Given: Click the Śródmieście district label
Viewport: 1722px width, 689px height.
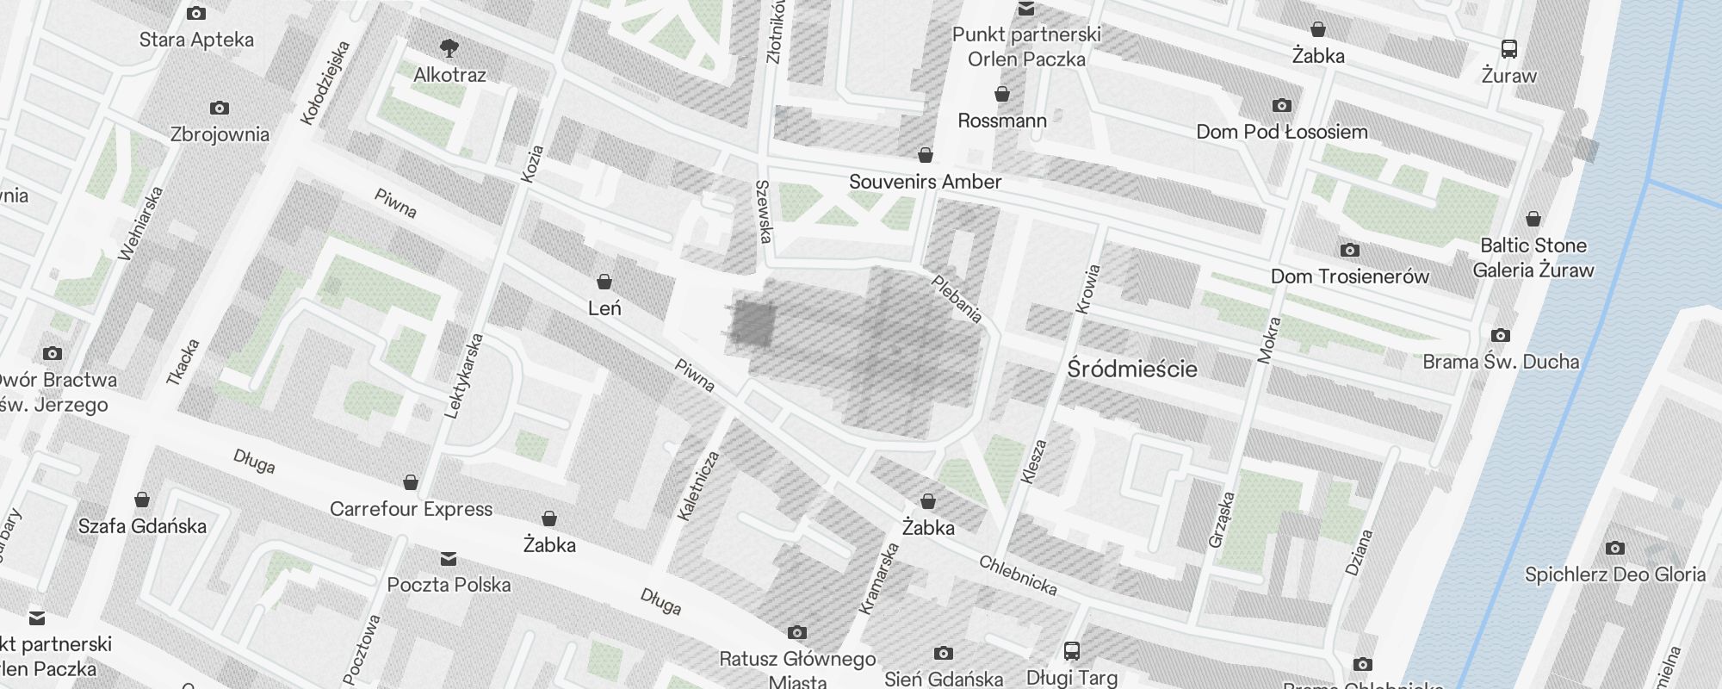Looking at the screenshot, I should point(1132,369).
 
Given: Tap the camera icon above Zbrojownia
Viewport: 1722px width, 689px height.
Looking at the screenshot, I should point(220,108).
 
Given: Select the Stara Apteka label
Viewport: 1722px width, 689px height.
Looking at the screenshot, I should point(196,40).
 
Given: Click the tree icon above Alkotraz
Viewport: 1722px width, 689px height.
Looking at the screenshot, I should point(449,47).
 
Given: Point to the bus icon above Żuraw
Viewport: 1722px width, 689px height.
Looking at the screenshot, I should point(1508,48).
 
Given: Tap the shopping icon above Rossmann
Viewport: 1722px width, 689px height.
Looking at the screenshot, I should point(1002,94).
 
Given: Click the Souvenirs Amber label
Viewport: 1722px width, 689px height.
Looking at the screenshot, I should point(925,182).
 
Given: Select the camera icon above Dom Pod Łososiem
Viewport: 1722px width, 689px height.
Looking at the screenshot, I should point(1281,105).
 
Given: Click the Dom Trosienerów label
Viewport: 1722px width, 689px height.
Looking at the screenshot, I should point(1349,276).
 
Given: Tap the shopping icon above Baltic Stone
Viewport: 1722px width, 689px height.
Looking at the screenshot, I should point(1533,219).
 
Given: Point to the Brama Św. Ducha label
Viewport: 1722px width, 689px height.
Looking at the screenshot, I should point(1501,362).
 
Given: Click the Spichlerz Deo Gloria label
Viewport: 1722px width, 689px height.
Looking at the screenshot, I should point(1614,574).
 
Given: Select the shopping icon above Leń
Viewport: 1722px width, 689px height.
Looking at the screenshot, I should point(604,282).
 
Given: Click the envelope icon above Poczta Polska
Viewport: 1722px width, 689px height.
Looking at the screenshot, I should point(449,559).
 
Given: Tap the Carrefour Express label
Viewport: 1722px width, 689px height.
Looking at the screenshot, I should point(411,509).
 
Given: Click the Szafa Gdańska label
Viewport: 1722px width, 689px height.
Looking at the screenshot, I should point(142,526).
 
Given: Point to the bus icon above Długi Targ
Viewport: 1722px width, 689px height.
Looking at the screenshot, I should point(1072,651).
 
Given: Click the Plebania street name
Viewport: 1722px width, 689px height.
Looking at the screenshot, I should point(957,299).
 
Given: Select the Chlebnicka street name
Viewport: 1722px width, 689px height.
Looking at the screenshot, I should point(1018,575).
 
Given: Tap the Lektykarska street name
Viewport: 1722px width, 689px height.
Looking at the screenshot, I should point(464,376).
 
